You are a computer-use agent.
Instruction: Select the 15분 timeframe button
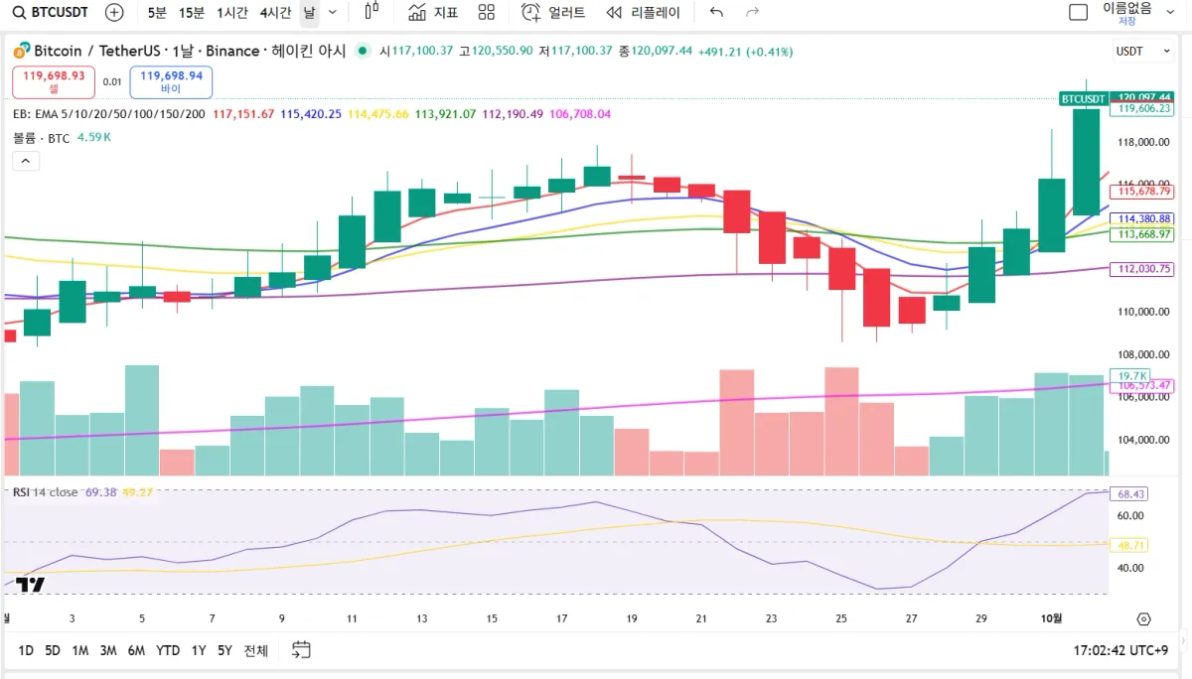(x=192, y=13)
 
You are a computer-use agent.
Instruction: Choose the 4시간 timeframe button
(x=275, y=13)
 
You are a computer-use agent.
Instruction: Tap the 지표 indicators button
(x=433, y=13)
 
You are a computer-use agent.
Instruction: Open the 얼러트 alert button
(x=554, y=13)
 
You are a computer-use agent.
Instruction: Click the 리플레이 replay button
(x=644, y=13)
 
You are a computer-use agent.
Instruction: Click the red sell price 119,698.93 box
(x=54, y=81)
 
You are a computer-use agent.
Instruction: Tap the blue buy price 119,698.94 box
(x=171, y=81)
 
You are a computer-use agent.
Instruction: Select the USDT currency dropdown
(x=1136, y=51)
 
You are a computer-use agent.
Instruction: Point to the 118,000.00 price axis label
(x=1143, y=142)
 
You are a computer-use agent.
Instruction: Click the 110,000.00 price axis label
(x=1143, y=312)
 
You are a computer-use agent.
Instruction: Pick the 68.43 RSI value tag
(x=1132, y=493)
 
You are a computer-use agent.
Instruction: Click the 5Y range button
(x=224, y=650)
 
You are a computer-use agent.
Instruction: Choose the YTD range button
(x=168, y=650)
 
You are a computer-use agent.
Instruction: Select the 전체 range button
(x=256, y=650)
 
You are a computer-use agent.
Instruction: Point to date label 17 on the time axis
(x=562, y=618)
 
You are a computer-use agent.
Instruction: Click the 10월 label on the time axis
(x=1052, y=618)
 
